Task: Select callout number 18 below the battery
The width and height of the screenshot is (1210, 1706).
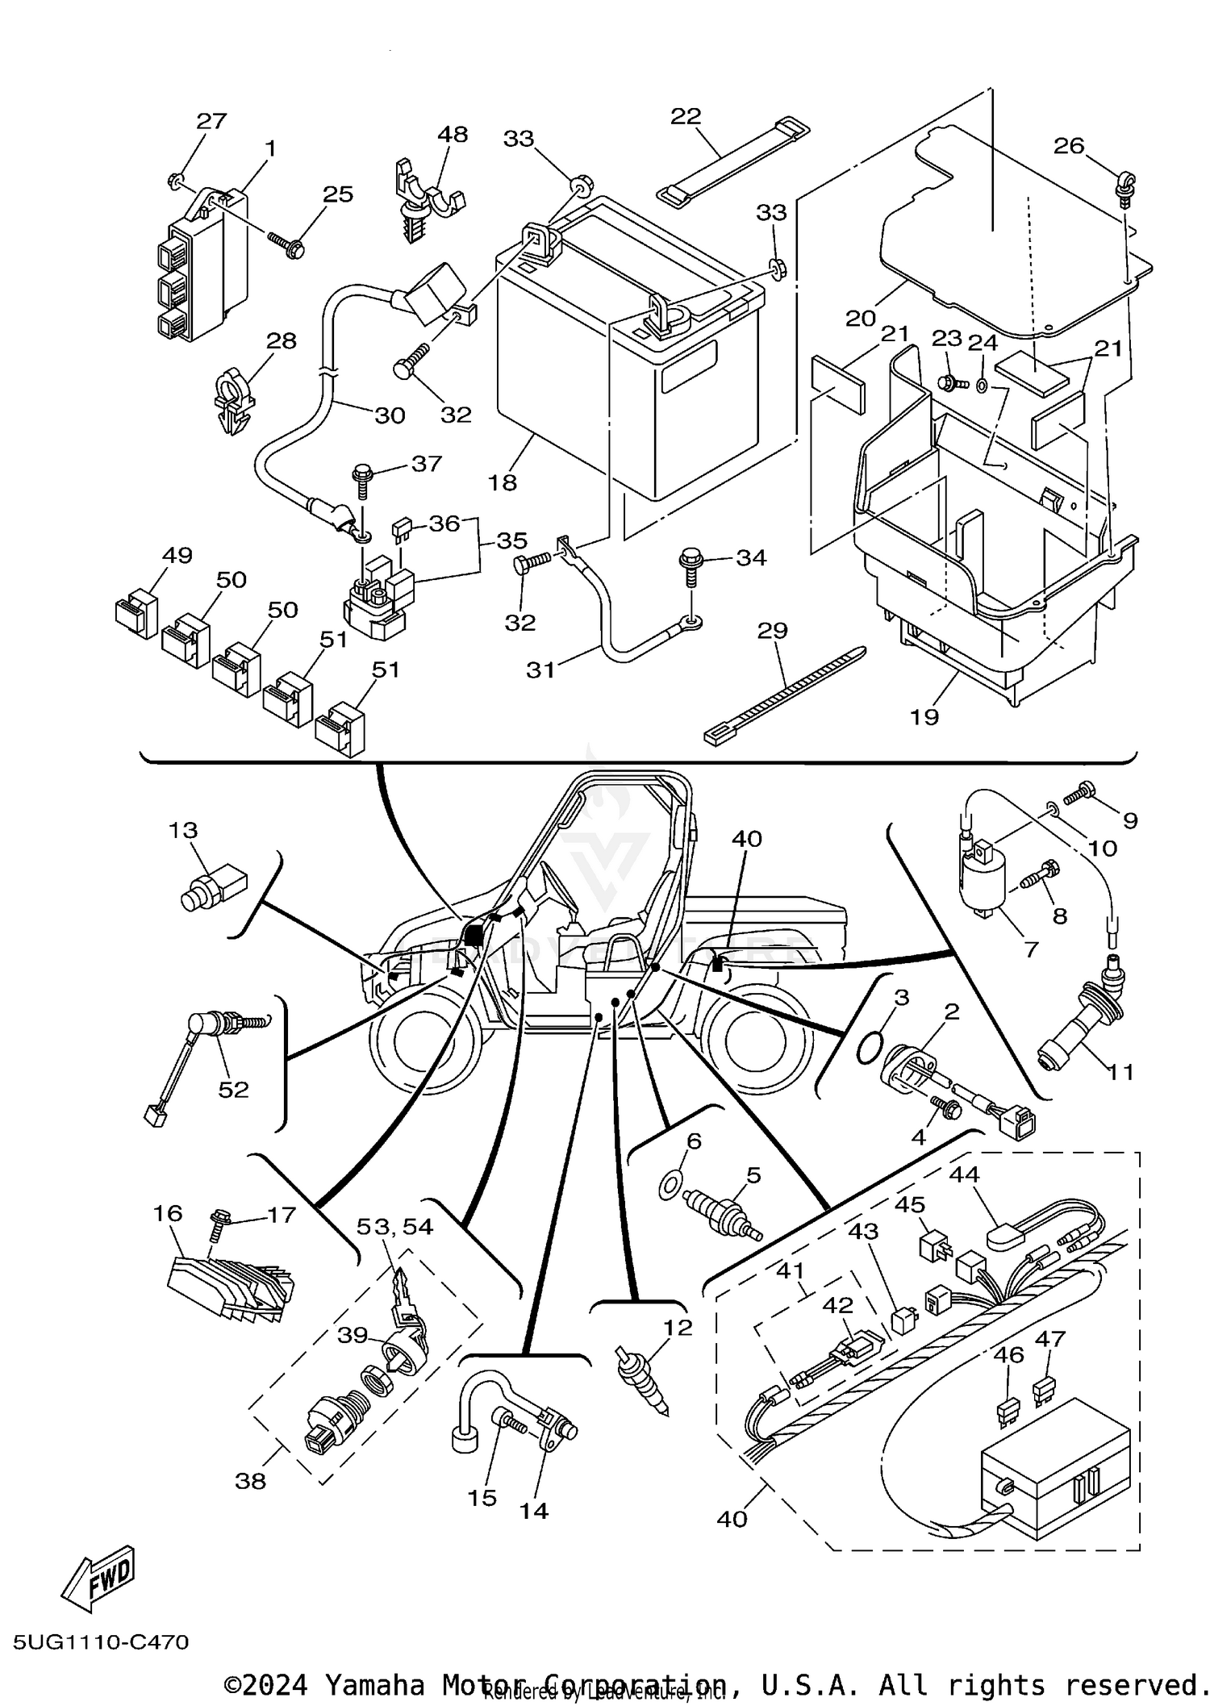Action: coord(502,482)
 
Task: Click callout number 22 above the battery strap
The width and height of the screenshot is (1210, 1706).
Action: coord(686,116)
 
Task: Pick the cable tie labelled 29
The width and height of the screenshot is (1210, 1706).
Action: coord(782,694)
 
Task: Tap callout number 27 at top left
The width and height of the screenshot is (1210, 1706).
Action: coord(211,121)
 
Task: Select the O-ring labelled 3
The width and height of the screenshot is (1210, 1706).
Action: coord(869,1049)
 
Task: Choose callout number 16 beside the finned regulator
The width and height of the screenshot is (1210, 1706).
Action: coord(168,1213)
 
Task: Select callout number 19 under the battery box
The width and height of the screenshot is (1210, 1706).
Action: coord(924,716)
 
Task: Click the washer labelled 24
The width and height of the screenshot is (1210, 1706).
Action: coord(982,386)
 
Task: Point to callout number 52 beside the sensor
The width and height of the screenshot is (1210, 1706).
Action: coord(233,1090)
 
